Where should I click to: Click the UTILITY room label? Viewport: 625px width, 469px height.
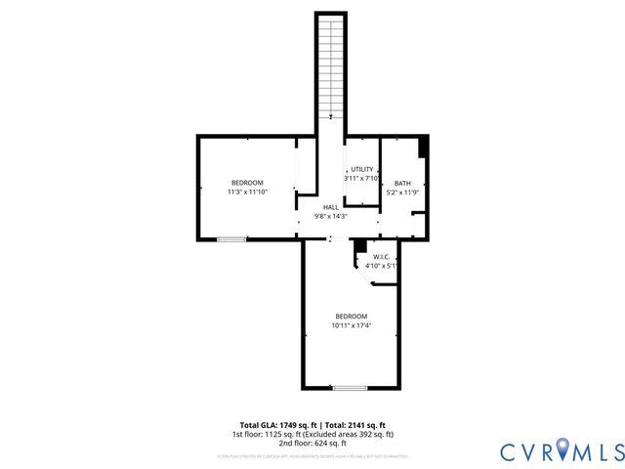click(x=362, y=169)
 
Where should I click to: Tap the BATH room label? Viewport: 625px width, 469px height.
click(x=402, y=183)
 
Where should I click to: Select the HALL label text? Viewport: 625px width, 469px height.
click(x=331, y=207)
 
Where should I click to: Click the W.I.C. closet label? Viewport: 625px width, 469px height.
click(x=381, y=257)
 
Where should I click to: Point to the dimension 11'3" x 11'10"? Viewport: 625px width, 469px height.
click(x=247, y=192)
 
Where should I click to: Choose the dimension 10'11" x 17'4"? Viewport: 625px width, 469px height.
click(x=351, y=325)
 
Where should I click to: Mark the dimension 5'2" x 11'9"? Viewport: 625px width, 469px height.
click(x=402, y=192)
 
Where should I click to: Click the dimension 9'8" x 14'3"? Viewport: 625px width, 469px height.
click(x=331, y=216)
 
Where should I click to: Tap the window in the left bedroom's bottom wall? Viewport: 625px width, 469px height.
click(x=231, y=239)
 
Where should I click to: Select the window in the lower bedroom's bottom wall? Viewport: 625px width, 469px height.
click(x=350, y=389)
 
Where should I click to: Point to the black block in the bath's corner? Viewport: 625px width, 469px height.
click(x=422, y=146)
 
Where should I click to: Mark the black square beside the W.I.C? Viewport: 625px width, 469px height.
click(x=359, y=246)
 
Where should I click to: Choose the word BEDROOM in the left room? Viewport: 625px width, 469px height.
click(x=247, y=183)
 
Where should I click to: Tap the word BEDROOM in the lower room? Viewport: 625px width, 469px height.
click(x=351, y=316)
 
